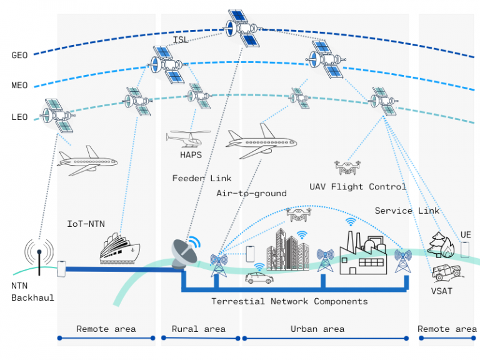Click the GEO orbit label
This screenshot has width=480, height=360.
pos(20,55)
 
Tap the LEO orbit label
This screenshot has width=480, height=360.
pos(20,116)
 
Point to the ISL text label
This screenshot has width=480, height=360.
pos(181,41)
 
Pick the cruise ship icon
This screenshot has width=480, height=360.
pos(120,249)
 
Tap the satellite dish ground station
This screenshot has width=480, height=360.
pos(186,253)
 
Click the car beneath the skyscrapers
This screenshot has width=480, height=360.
pos(257,277)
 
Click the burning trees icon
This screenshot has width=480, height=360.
pos(442,246)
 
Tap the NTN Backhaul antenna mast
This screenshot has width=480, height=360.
pos(39,257)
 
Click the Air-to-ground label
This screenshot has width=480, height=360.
pos(251,194)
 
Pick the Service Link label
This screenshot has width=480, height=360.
pos(407,211)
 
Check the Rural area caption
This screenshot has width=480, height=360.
pos(198,329)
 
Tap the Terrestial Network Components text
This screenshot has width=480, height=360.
pos(289,302)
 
